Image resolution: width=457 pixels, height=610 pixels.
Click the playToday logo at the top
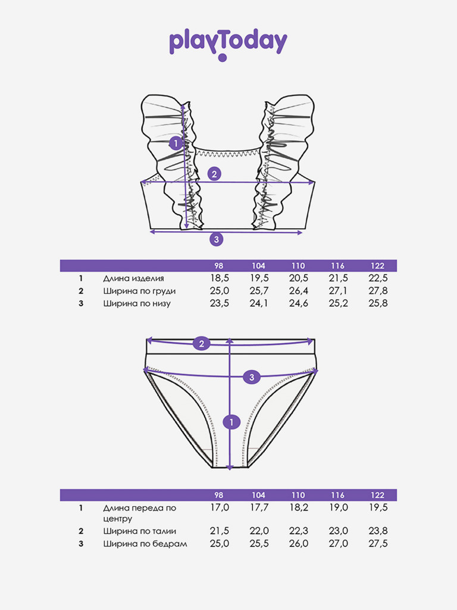[x=228, y=43]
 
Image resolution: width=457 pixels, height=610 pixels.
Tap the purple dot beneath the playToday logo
[x=223, y=58]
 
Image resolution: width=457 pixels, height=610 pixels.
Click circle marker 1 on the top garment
[x=176, y=144]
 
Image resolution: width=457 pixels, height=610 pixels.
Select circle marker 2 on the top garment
[x=214, y=174]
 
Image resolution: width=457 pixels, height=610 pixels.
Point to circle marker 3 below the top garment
[x=217, y=239]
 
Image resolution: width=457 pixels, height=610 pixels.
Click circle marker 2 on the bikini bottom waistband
[x=201, y=344]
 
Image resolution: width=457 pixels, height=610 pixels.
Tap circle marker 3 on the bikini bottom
[x=252, y=377]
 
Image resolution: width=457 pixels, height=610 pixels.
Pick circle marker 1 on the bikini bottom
[x=231, y=422]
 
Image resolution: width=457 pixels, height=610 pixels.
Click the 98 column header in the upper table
[x=219, y=266]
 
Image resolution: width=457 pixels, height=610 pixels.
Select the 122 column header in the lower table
[x=377, y=495]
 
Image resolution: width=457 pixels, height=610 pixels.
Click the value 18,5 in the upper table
[x=220, y=278]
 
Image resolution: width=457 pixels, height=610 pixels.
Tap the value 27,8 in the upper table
[x=378, y=291]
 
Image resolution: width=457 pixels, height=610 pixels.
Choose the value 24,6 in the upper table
[x=299, y=303]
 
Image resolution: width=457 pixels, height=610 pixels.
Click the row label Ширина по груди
[x=139, y=291]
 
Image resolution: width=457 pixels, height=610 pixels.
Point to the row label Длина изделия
[x=133, y=279]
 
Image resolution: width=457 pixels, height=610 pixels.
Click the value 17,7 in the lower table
[x=259, y=508]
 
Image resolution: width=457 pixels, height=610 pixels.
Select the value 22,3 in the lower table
[x=299, y=531]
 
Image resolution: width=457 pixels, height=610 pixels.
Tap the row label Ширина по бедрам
[x=145, y=544]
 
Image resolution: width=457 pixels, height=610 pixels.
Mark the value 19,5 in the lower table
[x=378, y=508]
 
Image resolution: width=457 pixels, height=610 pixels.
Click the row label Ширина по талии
[x=139, y=531]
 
